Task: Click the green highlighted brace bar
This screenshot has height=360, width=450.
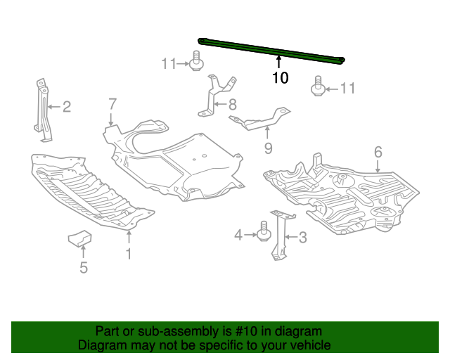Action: (x=274, y=50)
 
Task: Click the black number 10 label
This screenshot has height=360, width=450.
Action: (x=280, y=78)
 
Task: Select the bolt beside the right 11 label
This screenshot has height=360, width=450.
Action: (x=317, y=89)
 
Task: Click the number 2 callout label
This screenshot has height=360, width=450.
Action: (x=67, y=107)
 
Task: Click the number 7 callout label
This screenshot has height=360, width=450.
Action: (x=112, y=104)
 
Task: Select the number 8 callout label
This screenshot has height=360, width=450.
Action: (x=232, y=105)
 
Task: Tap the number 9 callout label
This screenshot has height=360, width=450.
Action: (x=267, y=148)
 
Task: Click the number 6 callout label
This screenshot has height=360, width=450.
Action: (x=378, y=152)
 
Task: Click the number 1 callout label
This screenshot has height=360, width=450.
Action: (x=129, y=253)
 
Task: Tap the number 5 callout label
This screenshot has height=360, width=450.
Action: (x=83, y=267)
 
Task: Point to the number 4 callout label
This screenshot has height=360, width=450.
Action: (x=238, y=234)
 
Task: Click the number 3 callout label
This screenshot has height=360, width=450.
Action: (x=302, y=238)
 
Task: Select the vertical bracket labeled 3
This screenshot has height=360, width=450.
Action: (x=280, y=236)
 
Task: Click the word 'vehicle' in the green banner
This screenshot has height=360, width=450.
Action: (x=307, y=345)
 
